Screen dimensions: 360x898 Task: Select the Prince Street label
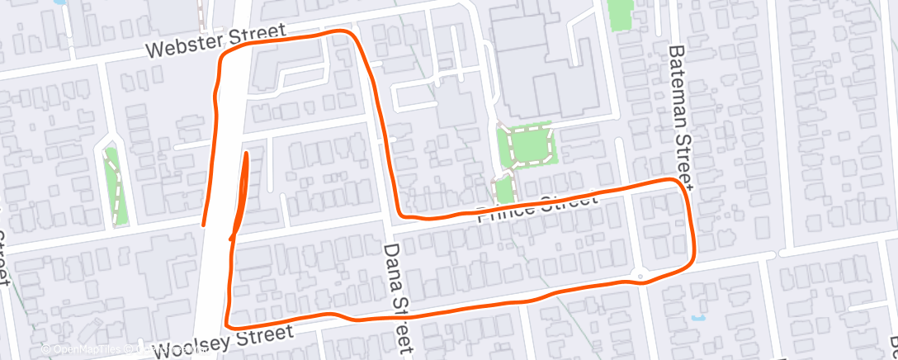[536, 208]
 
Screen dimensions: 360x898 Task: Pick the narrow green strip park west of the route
[116, 186]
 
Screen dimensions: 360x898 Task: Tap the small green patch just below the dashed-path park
[504, 189]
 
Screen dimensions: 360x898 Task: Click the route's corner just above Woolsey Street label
[227, 323]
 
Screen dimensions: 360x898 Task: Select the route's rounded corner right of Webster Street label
[350, 35]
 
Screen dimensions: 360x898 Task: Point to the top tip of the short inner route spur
[246, 153]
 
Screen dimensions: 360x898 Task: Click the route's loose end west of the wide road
[204, 223]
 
